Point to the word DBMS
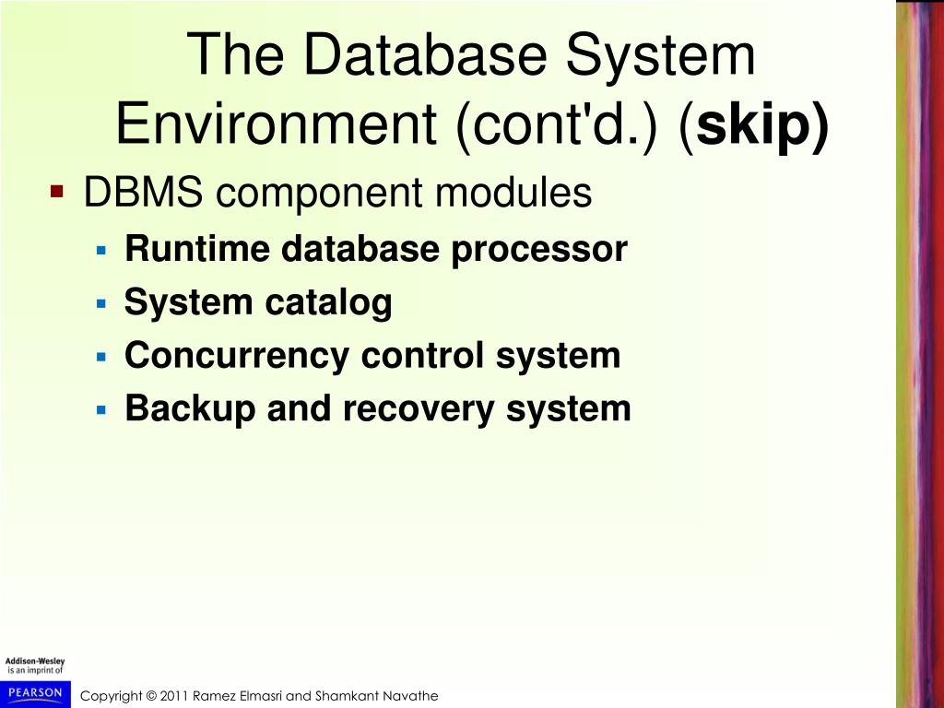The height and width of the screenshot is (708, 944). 143,194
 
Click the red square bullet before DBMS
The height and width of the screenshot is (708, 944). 57,192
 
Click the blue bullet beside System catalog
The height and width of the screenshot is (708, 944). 102,302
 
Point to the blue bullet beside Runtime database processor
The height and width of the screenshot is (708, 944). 102,249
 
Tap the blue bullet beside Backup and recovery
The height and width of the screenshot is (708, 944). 102,408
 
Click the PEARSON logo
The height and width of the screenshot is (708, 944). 34,692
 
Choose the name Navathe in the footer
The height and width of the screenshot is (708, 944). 413,696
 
